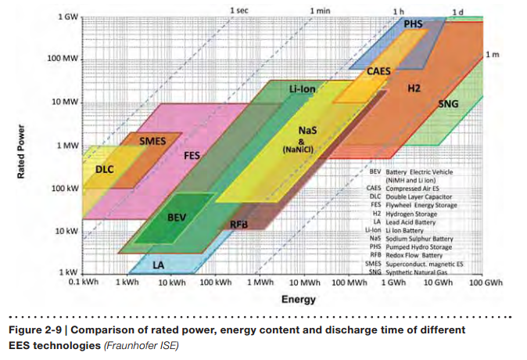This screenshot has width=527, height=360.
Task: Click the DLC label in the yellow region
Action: click(x=105, y=169)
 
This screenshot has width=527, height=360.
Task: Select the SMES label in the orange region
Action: click(x=152, y=142)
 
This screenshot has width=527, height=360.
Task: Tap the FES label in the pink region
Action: click(x=192, y=156)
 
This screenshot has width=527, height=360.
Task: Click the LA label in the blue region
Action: click(x=159, y=264)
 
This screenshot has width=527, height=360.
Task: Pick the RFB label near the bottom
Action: click(x=239, y=225)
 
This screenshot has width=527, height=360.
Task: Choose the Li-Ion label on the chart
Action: click(x=302, y=88)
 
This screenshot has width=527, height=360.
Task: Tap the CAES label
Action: click(x=379, y=71)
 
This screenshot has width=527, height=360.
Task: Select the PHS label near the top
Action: click(x=413, y=24)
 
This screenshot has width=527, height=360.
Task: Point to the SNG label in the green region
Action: click(x=448, y=103)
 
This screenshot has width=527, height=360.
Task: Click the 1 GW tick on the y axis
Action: click(x=68, y=16)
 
